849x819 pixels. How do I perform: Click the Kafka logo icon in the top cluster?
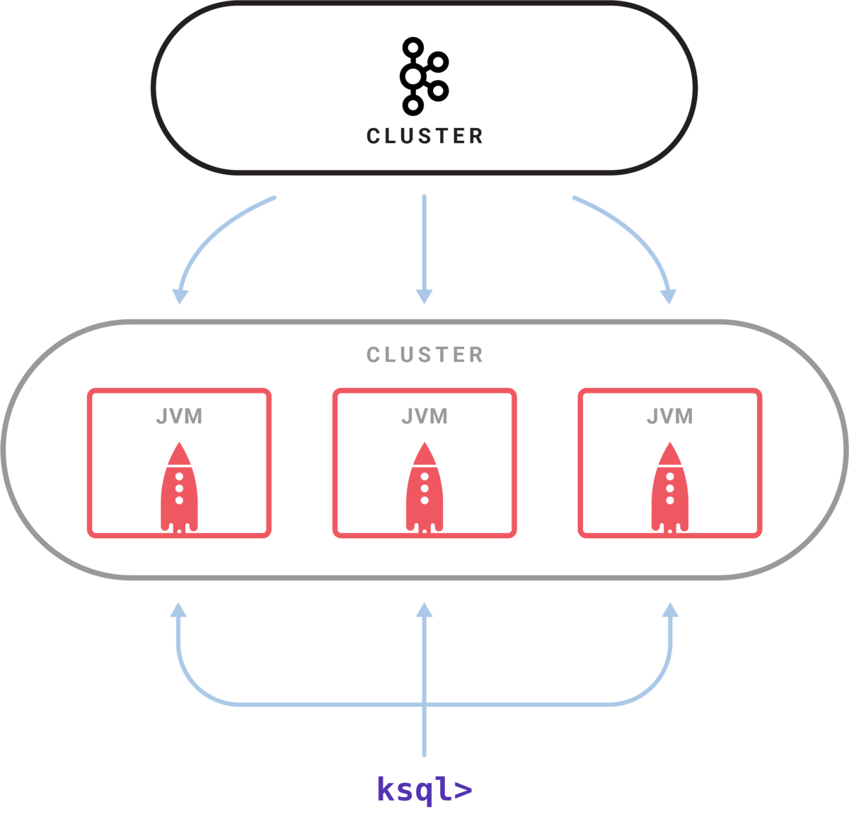424,76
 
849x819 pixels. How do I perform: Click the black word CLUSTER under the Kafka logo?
424,136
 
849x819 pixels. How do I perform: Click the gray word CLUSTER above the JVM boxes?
424,355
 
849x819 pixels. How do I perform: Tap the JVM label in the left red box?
179,416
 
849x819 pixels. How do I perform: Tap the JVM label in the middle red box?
424,416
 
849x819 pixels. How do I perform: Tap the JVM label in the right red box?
669,416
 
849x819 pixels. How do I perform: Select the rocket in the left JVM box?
179,488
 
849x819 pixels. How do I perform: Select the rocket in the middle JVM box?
424,488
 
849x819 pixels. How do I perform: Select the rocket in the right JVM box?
670,488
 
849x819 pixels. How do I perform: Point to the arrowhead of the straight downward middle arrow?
424,295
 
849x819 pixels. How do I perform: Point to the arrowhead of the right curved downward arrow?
669,295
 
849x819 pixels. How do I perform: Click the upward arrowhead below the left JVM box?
179,611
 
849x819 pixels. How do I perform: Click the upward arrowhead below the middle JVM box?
424,611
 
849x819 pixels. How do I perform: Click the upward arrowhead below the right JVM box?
670,611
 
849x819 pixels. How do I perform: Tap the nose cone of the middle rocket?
424,453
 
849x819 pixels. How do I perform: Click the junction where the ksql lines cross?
424,704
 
